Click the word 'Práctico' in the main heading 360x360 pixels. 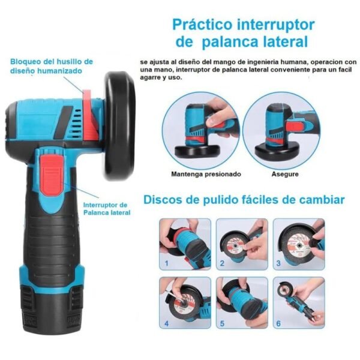[202, 25]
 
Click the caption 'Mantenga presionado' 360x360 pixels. [206, 174]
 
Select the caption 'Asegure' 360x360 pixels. [285, 174]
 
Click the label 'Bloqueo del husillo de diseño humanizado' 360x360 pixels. [52, 66]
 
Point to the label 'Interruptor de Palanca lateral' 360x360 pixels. [107, 209]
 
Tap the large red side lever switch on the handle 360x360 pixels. [52, 175]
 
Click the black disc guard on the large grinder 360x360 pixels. [119, 125]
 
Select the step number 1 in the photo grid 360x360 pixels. [166, 263]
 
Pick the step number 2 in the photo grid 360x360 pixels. [222, 263]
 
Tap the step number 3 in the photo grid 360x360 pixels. [278, 263]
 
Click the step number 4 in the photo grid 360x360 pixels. [166, 323]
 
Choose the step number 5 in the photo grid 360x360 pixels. [222, 323]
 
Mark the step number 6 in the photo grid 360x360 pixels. [278, 323]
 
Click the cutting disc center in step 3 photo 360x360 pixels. [299, 246]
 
